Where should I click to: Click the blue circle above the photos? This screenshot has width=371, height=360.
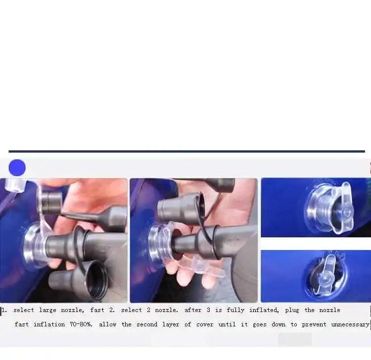(x=17, y=168)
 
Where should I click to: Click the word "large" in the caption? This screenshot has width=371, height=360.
(x=47, y=310)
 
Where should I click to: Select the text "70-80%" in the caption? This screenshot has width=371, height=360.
(x=81, y=324)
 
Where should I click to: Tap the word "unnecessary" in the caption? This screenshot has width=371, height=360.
(x=350, y=324)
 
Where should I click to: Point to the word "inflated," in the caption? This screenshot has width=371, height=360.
(x=264, y=310)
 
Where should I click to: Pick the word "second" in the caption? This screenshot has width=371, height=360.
(x=147, y=324)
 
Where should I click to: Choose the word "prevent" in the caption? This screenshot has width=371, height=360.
(x=314, y=324)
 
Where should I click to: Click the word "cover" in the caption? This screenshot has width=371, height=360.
(x=205, y=324)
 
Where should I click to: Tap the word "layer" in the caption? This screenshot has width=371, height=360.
(x=171, y=324)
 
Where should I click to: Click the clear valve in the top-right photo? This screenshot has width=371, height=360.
(x=330, y=208)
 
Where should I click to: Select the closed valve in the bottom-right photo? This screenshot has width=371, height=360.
(x=327, y=275)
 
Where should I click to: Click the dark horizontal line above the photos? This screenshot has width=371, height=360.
(x=186, y=151)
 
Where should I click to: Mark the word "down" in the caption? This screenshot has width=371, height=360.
(x=278, y=324)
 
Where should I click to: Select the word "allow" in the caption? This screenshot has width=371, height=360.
(x=107, y=324)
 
